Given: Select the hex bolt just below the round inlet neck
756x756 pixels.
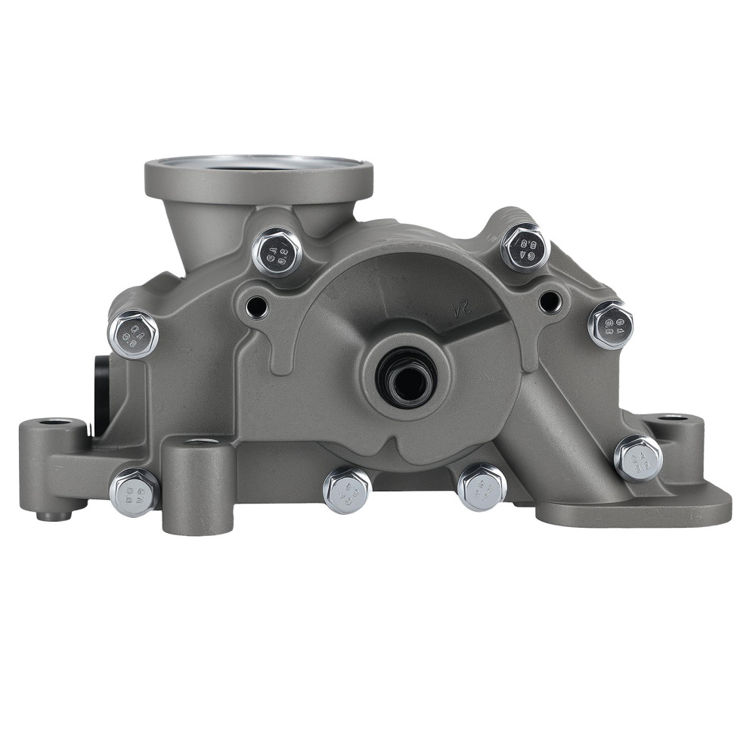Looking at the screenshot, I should [x=277, y=252].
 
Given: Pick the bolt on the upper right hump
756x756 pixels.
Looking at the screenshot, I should [x=525, y=246].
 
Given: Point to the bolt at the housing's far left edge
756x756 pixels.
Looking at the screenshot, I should [x=134, y=333].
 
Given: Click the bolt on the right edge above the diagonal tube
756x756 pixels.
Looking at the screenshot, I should [x=611, y=324].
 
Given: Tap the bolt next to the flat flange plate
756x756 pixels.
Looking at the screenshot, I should [x=638, y=457].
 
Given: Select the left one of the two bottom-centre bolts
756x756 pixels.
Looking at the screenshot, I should [x=347, y=490].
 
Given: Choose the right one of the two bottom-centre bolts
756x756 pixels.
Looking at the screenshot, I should [x=482, y=487].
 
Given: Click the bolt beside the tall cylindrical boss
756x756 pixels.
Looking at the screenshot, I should [x=135, y=492].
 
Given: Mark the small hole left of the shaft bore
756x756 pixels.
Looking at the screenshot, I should [x=257, y=306].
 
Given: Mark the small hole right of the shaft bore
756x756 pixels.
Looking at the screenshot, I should [x=550, y=302].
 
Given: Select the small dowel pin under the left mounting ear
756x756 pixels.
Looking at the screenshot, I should [x=50, y=516].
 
